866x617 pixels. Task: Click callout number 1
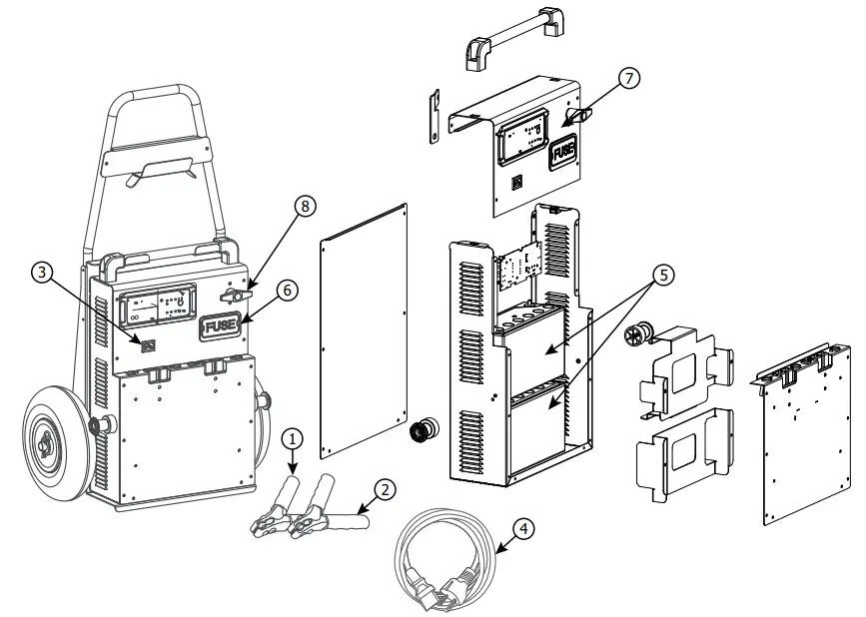tap(292, 437)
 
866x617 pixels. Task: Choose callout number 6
tap(286, 288)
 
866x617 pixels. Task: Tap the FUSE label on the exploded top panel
tap(564, 152)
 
